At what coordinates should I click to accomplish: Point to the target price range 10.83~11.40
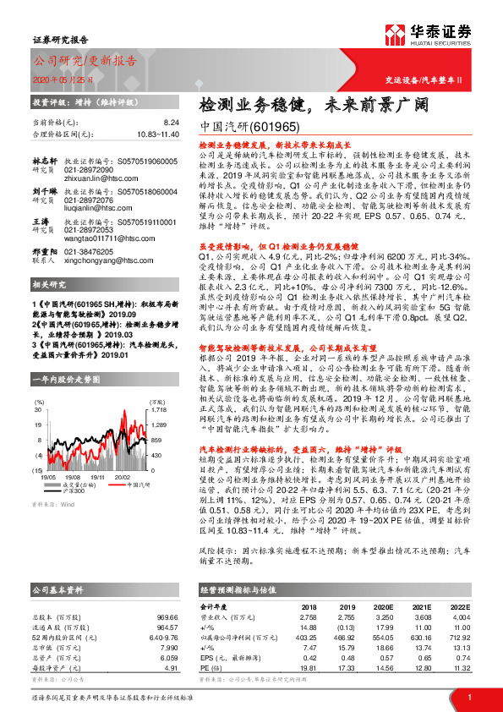pyautogui.click(x=157, y=134)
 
